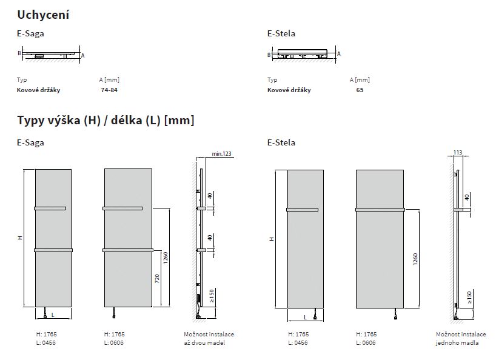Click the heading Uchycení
(x=43, y=15)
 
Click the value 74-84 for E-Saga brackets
(x=109, y=90)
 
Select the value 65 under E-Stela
(x=360, y=90)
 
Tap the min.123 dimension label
(x=221, y=153)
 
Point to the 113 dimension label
(x=458, y=152)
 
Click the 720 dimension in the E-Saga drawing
(x=157, y=278)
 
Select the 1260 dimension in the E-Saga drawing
(x=166, y=258)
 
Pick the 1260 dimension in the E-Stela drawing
(x=415, y=259)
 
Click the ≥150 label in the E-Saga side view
(x=212, y=296)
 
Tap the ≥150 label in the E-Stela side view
(x=469, y=298)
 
